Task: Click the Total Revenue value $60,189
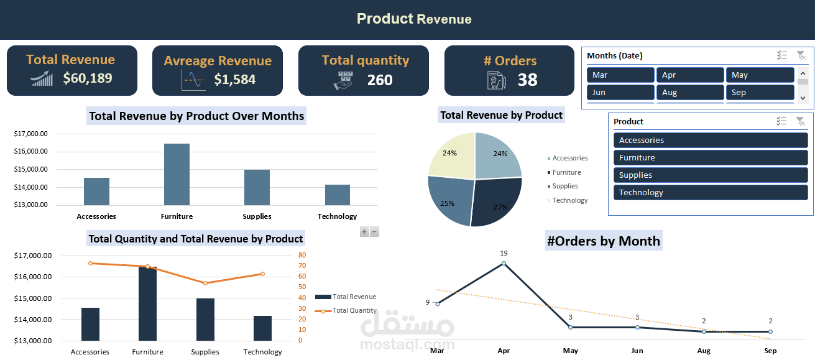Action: click(88, 78)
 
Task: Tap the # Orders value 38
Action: click(527, 80)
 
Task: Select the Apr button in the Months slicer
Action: click(690, 75)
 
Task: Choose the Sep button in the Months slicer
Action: click(760, 92)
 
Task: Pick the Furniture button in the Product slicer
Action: click(711, 158)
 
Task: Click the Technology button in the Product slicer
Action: click(711, 193)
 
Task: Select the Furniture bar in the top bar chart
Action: click(177, 175)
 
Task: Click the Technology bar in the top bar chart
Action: click(337, 195)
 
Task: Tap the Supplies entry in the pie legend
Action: click(564, 186)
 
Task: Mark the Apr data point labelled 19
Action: click(504, 264)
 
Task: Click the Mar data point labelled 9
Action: click(438, 303)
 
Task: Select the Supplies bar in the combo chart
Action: click(205, 320)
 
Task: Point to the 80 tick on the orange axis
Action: click(302, 255)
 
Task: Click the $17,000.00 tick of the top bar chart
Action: click(30, 134)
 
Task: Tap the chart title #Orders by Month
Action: click(603, 241)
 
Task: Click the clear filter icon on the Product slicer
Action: click(801, 121)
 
